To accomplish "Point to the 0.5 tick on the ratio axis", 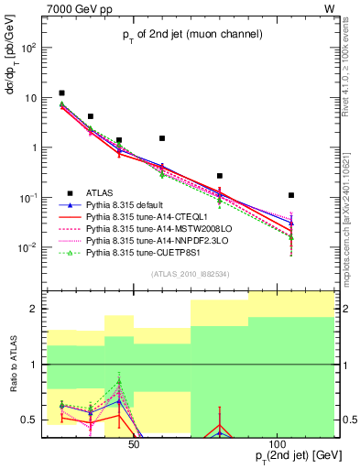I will [30, 420].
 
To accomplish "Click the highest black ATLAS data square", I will [61, 93].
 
